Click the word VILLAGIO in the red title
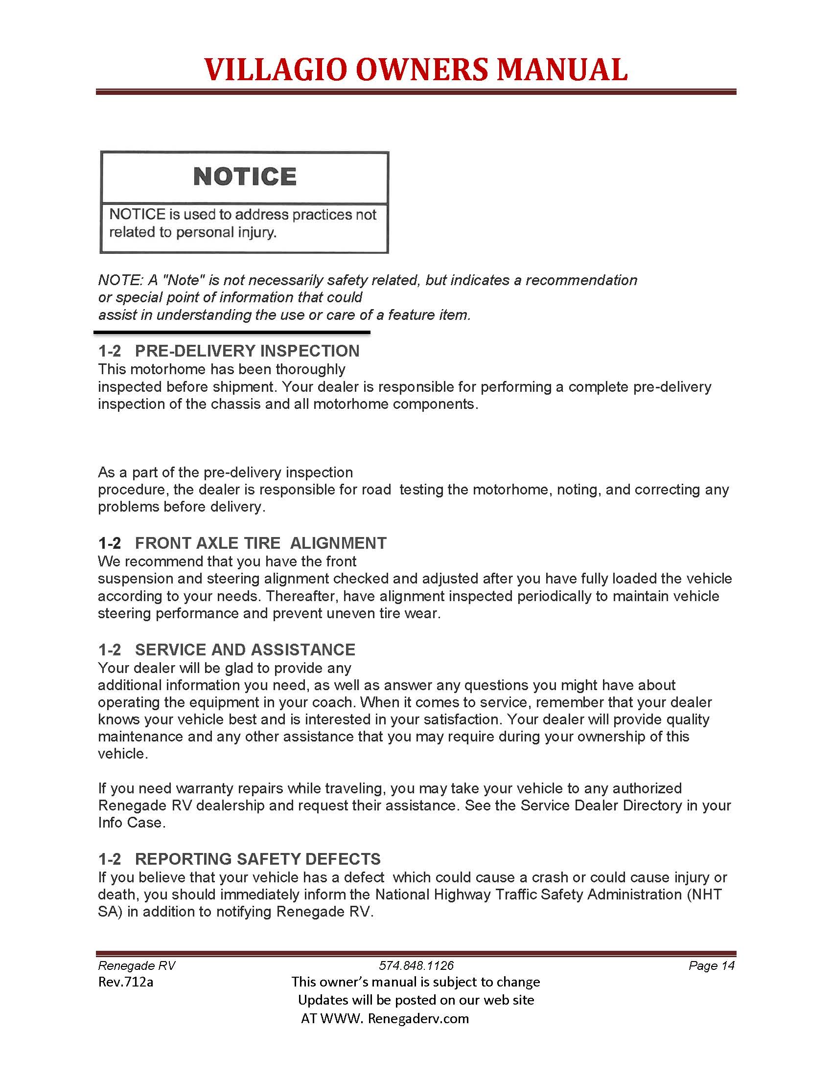tap(277, 69)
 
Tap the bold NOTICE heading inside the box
tap(245, 177)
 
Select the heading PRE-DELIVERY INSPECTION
tap(247, 351)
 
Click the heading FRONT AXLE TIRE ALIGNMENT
tap(261, 543)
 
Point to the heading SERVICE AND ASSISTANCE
tap(245, 650)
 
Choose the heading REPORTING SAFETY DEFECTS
tap(258, 859)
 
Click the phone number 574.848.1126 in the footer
tap(416, 965)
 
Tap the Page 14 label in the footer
tap(711, 965)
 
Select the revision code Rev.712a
tap(126, 982)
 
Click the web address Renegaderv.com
tap(418, 1018)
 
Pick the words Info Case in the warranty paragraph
tap(131, 822)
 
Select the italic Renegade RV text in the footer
tap(137, 965)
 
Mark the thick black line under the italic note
tap(231, 333)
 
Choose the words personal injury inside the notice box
tap(226, 232)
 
